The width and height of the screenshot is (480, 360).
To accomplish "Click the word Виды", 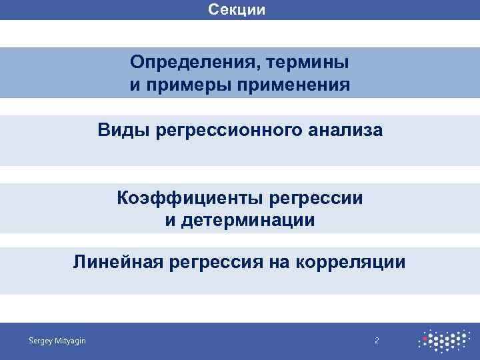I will point(124,129).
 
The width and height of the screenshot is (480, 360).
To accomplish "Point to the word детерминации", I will point(248,220).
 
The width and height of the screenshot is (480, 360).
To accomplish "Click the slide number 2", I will point(377,341).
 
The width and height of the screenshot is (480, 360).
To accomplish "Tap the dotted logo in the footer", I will point(443,341).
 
